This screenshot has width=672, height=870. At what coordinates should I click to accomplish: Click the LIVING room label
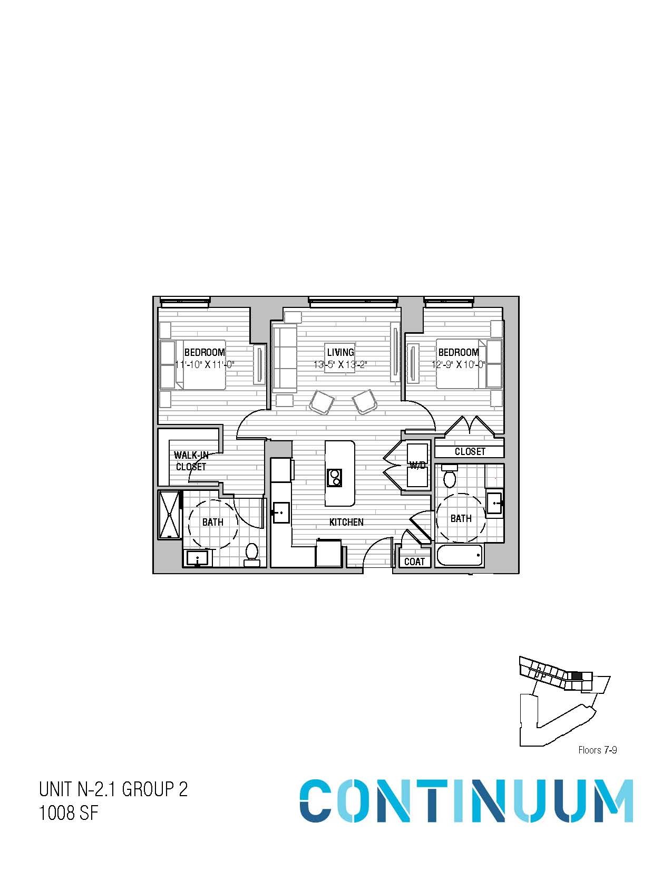point(340,352)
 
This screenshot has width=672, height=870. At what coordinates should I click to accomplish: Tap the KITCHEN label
point(347,522)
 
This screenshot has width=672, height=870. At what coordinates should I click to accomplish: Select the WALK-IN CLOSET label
point(191,461)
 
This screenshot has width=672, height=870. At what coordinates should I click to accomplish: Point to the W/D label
point(417,465)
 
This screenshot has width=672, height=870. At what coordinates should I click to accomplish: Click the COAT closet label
point(414,562)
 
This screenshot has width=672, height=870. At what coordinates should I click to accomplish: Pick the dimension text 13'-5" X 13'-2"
point(340,364)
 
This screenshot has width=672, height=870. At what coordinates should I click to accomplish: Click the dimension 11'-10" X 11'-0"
point(204,364)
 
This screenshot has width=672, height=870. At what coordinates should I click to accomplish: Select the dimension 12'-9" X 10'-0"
point(459,364)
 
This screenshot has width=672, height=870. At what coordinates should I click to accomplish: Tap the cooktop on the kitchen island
point(334,477)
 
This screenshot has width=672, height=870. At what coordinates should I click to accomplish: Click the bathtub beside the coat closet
point(459,555)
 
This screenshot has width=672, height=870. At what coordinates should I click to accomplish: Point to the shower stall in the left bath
point(170,515)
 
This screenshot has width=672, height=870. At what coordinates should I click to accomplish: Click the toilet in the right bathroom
point(450,477)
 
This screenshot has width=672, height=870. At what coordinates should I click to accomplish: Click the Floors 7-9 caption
point(597,749)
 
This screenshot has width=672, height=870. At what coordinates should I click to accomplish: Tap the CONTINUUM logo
point(466,800)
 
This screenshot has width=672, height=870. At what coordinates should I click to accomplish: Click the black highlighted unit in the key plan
point(577,675)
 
